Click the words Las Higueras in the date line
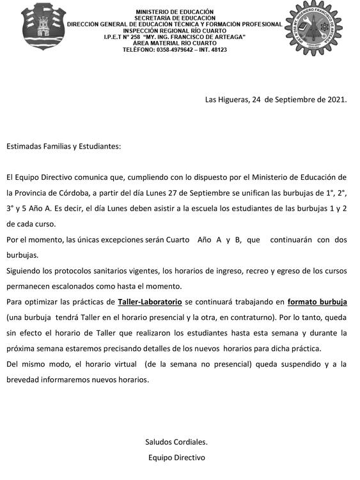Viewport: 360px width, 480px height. click(226, 99)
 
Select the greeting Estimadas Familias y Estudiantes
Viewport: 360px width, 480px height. click(63, 146)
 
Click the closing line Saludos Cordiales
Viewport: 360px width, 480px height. click(176, 442)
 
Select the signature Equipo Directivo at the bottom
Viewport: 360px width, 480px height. click(176, 458)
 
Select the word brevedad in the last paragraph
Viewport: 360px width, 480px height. click(24, 379)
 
